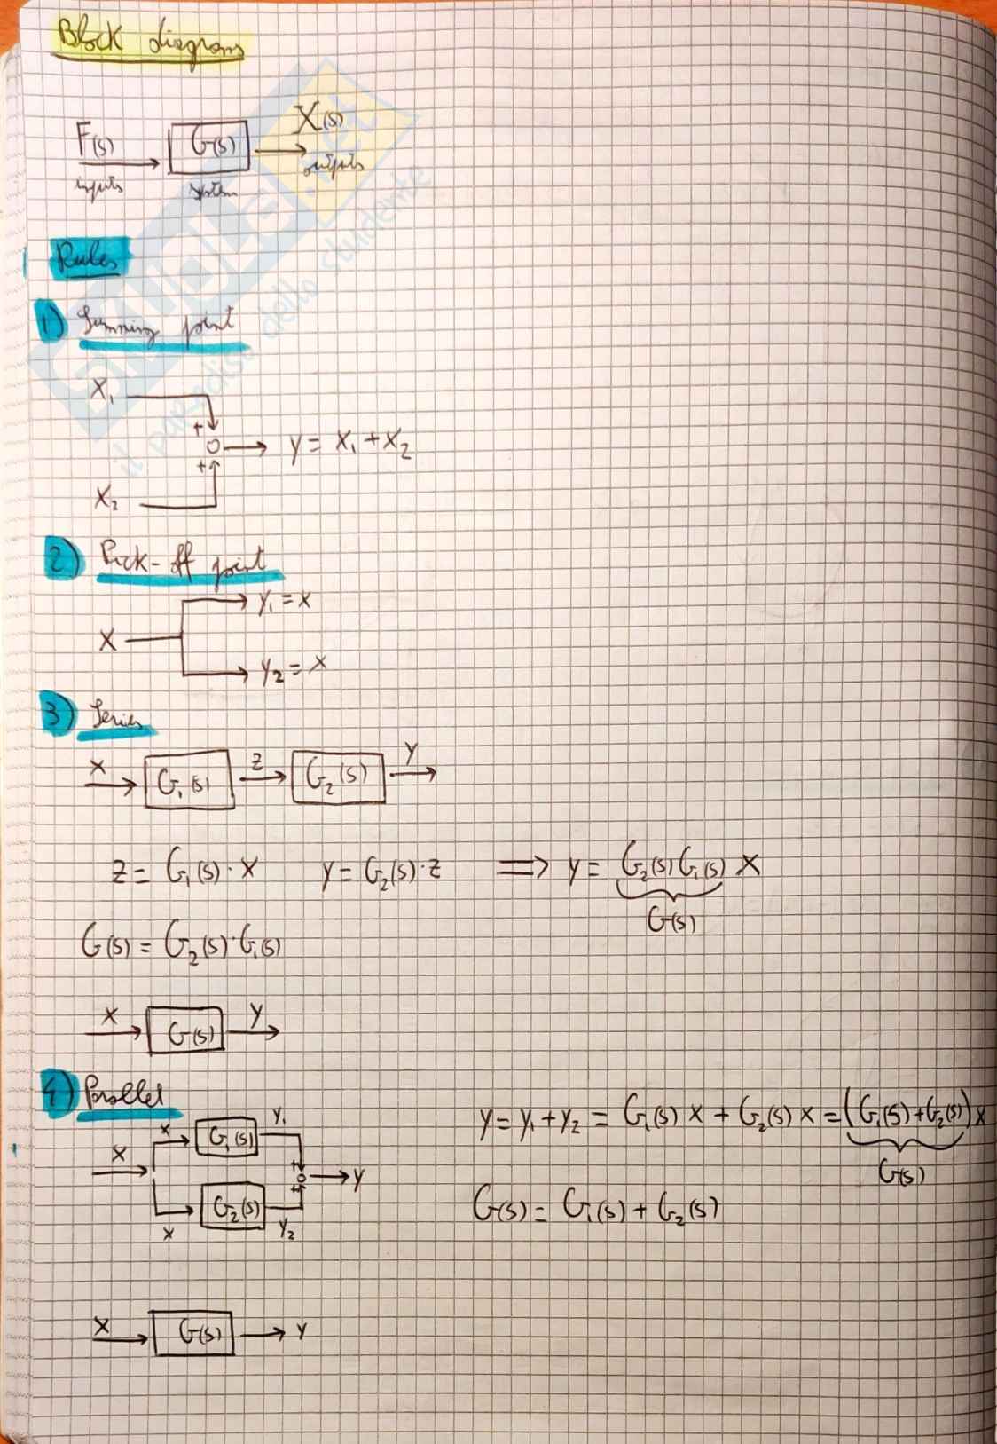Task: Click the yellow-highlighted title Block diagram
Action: (x=149, y=41)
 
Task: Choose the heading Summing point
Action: (x=161, y=329)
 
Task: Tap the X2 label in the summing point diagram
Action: (x=106, y=500)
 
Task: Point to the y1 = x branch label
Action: (x=284, y=603)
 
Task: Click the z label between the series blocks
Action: (x=256, y=759)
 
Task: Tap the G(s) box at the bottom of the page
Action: (x=192, y=1331)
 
